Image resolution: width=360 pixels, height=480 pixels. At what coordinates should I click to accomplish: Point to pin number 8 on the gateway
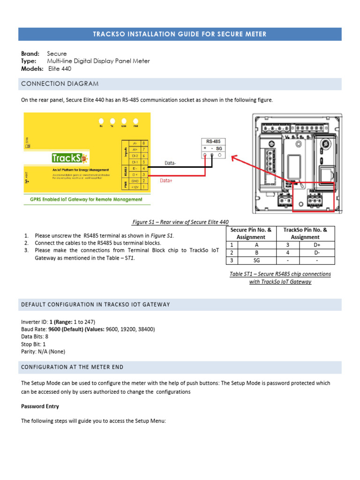point(144,143)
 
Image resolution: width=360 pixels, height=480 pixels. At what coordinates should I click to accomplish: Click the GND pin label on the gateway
point(135,180)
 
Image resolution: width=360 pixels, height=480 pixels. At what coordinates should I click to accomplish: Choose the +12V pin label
point(135,187)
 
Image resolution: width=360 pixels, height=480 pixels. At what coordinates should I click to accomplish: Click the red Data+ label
point(166,180)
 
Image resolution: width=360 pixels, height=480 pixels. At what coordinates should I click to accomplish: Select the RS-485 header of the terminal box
point(213,141)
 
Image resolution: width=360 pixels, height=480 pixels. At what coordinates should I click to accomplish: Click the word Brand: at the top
point(30,54)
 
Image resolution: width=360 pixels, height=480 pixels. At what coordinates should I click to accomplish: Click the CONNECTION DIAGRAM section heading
point(60,84)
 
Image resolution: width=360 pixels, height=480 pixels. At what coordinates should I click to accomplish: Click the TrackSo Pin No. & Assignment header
point(305,233)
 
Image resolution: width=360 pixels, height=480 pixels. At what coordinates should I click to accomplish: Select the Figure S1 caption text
point(181,222)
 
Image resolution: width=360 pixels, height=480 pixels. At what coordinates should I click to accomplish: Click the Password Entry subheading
point(40,406)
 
